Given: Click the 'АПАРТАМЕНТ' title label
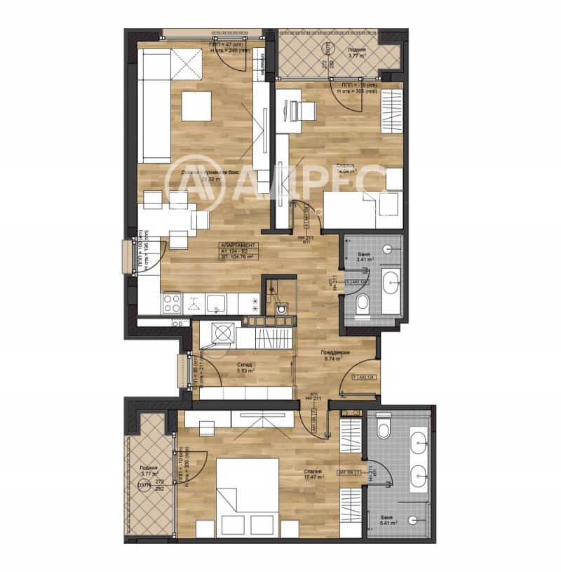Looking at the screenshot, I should [x=238, y=246].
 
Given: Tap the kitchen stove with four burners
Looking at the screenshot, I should [x=173, y=303].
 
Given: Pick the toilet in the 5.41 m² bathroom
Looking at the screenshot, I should [x=383, y=427].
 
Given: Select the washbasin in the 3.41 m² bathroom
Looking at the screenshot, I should [x=392, y=285].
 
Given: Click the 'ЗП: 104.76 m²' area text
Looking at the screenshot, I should [x=238, y=258].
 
